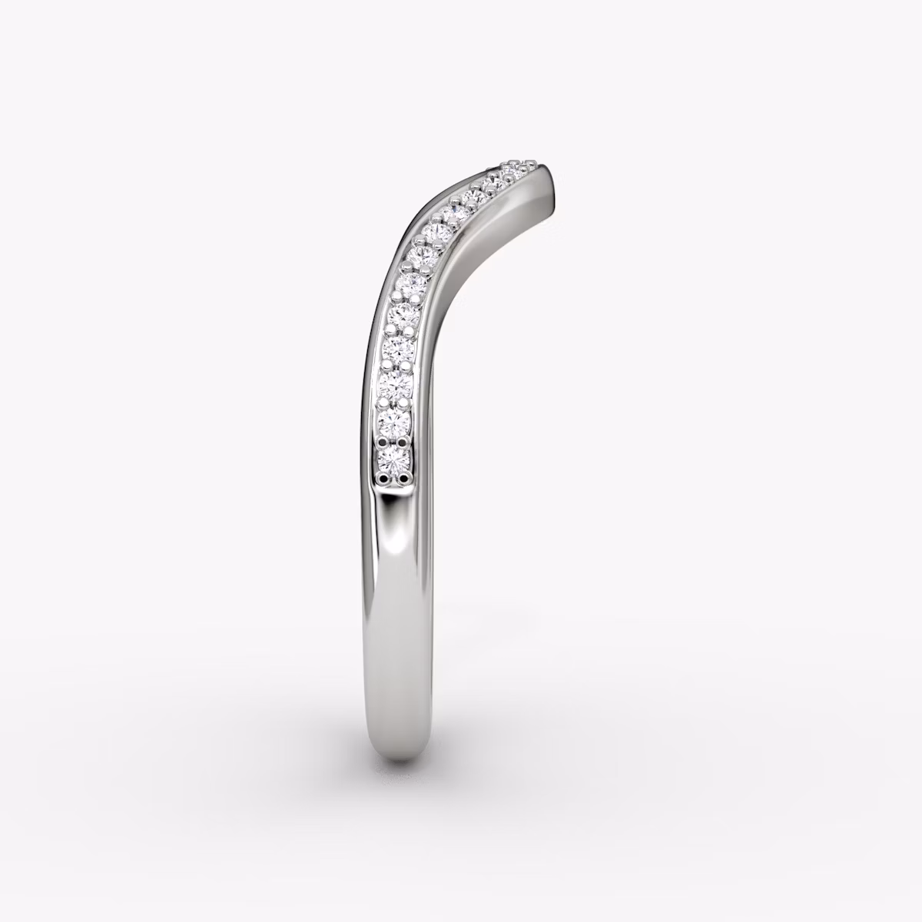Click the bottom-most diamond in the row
pos(393,459)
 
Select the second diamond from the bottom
pos(395,420)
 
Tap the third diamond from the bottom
pos(396,383)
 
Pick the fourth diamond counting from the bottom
pos(399,348)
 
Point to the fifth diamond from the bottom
pos(403,313)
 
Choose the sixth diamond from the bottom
pos(409,283)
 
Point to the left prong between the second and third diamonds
pos(384,402)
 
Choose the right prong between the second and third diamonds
pos(407,402)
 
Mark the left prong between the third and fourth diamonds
pos(386,366)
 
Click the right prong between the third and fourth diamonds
pos(410,366)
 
